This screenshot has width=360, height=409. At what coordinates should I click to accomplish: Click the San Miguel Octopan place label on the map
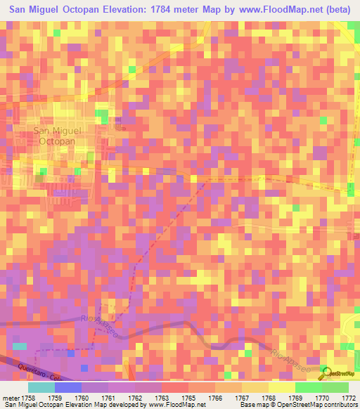click(58, 136)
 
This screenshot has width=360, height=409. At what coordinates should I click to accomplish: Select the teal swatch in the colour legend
click(41, 387)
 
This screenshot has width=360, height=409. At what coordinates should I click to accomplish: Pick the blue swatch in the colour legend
click(67, 387)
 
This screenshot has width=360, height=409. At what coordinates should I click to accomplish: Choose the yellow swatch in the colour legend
click(281, 387)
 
